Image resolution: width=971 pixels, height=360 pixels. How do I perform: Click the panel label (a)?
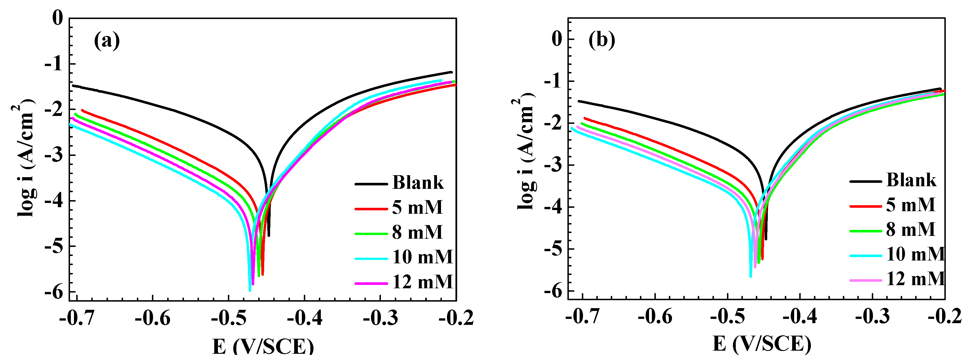click(x=107, y=41)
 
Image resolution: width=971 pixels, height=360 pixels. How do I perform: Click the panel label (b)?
click(x=602, y=40)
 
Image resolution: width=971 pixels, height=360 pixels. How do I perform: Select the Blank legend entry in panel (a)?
click(x=418, y=183)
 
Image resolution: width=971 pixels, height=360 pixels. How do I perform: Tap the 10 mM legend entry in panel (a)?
click(x=422, y=257)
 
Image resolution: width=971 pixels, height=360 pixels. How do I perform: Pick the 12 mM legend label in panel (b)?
click(x=915, y=279)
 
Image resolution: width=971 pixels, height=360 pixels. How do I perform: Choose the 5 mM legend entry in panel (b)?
click(x=910, y=205)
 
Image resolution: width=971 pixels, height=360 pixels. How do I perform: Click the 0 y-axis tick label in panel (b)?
click(x=556, y=39)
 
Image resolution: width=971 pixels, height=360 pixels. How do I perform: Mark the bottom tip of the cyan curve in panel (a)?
click(x=249, y=290)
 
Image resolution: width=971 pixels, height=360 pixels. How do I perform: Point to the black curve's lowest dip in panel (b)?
click(x=766, y=239)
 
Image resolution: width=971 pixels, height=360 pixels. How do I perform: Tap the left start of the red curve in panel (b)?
click(x=585, y=118)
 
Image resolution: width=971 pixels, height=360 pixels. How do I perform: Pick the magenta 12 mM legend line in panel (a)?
click(x=371, y=283)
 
